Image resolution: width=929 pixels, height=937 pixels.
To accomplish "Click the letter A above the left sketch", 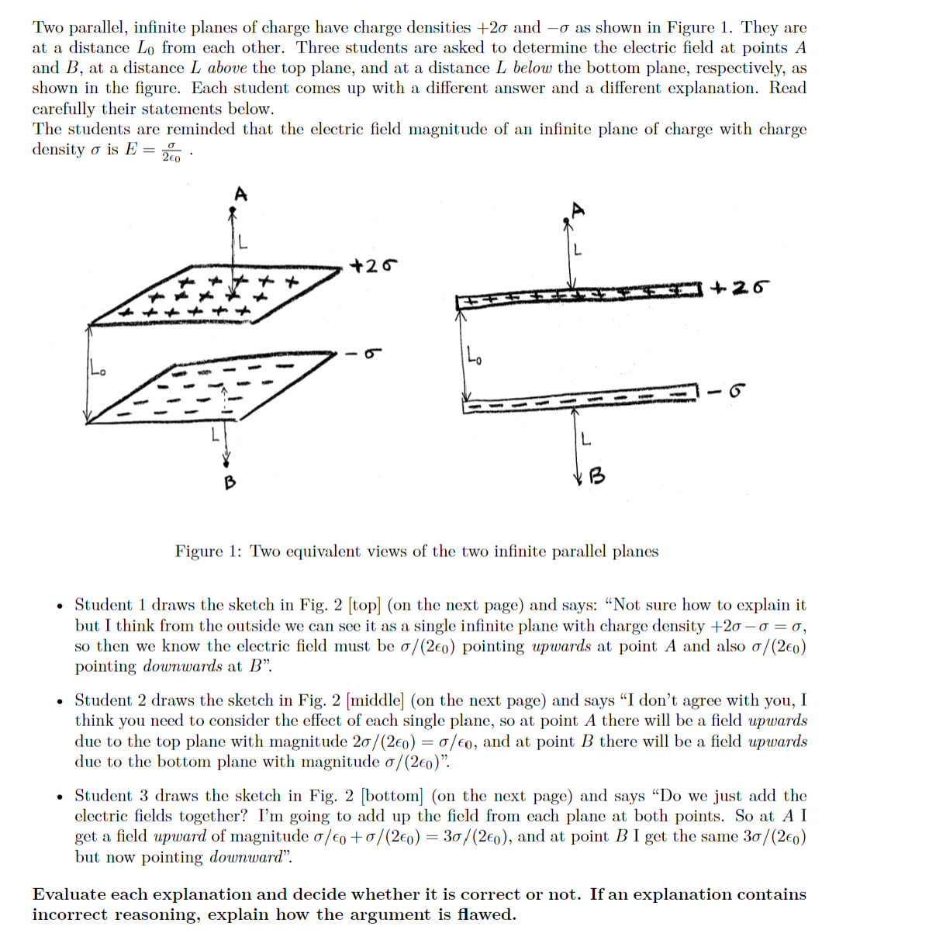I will coord(240,194).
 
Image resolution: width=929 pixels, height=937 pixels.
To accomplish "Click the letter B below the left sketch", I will coord(230,482).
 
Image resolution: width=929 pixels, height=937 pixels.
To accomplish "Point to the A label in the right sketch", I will coord(577,209).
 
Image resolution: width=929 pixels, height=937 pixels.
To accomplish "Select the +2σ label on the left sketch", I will coord(374,265).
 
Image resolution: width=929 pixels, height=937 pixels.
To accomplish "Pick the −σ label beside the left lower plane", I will coord(364,354).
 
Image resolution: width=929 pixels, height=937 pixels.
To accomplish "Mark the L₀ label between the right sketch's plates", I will coord(475,358).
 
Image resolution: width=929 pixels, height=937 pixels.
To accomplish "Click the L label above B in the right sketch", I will coord(585,440).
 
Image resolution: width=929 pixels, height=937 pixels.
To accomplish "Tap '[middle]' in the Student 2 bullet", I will coord(375,700).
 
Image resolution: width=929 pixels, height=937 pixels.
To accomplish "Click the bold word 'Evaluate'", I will coord(70,894).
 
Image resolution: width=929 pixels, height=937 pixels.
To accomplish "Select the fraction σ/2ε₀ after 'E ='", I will coord(171,150).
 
